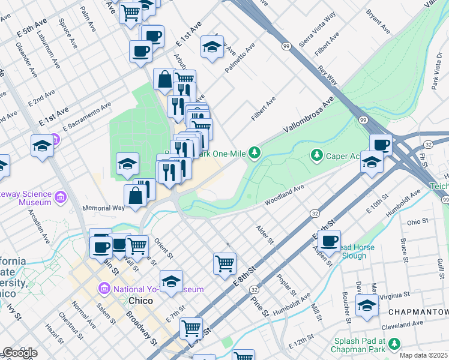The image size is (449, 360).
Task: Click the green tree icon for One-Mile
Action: tap(255, 154)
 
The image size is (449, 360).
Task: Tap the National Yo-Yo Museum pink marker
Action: tap(104, 289)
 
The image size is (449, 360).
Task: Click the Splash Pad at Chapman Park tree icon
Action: tap(394, 344)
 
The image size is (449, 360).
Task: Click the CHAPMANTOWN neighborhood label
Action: tap(418, 313)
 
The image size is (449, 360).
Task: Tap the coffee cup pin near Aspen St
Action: tap(329, 241)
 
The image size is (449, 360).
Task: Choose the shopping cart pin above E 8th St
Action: tap(224, 263)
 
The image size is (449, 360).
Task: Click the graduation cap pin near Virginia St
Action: tap(367, 305)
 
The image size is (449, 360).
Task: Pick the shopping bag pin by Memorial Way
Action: tap(136, 195)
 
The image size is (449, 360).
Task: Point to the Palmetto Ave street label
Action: tap(240, 58)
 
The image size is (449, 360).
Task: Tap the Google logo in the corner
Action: tap(19, 353)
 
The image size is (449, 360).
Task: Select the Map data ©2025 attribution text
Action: tap(423, 355)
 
